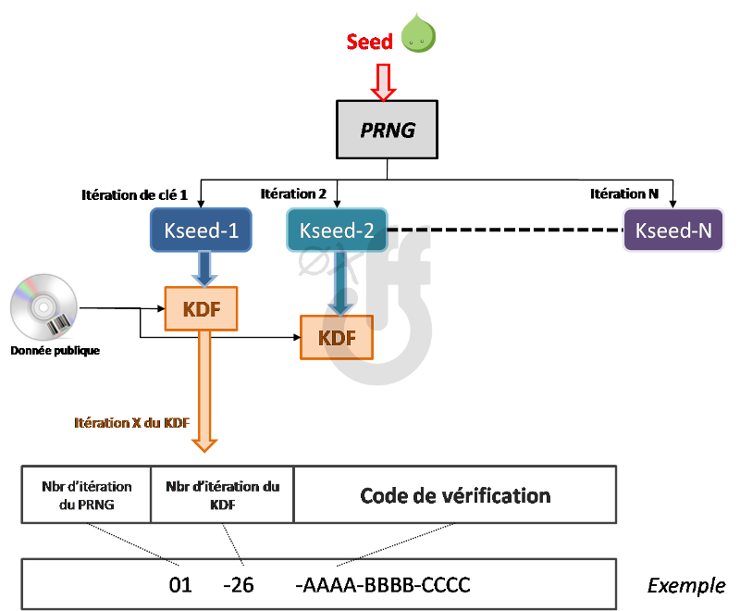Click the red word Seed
click(x=369, y=42)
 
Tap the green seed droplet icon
click(x=418, y=33)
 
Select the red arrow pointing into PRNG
click(x=383, y=82)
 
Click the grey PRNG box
click(x=387, y=130)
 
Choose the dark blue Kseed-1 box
click(x=201, y=230)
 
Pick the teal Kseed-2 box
click(x=337, y=230)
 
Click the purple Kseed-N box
click(x=673, y=230)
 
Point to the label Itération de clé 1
click(x=134, y=195)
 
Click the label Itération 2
click(x=293, y=193)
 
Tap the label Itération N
click(x=624, y=193)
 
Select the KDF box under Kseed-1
click(x=201, y=309)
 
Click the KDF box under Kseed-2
click(x=337, y=338)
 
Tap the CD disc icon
click(x=43, y=307)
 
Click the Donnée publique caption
click(x=55, y=350)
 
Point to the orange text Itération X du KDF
click(x=132, y=422)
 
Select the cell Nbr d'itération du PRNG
click(x=86, y=495)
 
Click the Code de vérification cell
click(x=455, y=495)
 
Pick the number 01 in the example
click(x=180, y=585)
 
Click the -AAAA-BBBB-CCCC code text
click(x=383, y=585)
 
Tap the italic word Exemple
click(x=686, y=586)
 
